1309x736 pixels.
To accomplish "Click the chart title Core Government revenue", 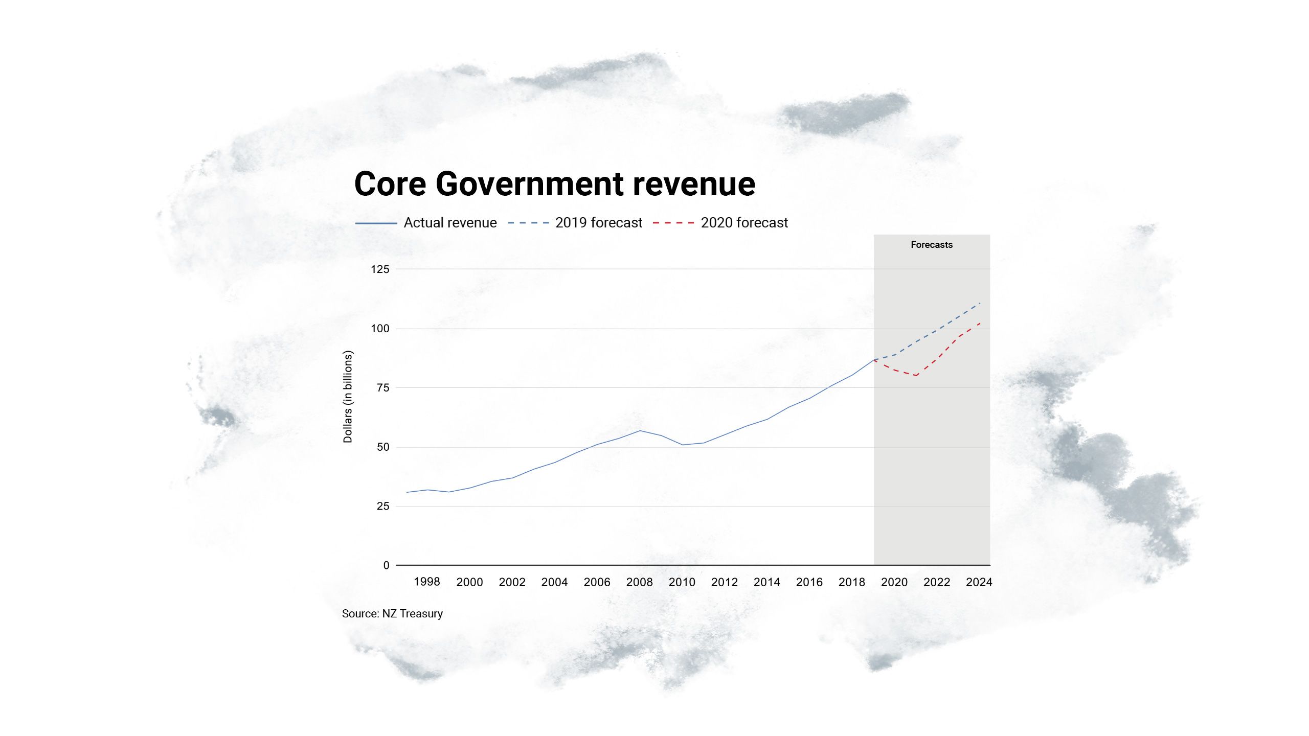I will [554, 184].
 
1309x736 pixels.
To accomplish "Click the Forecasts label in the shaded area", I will [932, 245].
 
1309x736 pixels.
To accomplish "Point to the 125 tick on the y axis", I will [380, 269].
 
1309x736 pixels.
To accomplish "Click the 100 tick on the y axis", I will [380, 329].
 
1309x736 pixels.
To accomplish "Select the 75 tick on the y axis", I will [383, 388].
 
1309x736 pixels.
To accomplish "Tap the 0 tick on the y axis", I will [386, 565].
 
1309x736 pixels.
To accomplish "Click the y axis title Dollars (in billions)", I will [348, 397].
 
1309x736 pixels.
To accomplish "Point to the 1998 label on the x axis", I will [426, 582].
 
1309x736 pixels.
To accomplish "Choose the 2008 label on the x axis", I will [639, 582].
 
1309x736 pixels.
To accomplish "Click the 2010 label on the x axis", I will [682, 582].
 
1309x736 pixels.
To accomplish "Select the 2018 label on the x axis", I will [851, 582].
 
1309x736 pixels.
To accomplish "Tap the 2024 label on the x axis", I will [979, 582].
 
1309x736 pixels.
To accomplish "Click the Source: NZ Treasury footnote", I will [392, 614].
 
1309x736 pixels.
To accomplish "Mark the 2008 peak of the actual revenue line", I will [640, 430].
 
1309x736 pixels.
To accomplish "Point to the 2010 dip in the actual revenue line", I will [683, 445].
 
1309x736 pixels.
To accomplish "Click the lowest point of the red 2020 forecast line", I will [916, 376].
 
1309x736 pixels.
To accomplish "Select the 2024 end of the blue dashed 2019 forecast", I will [980, 303].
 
